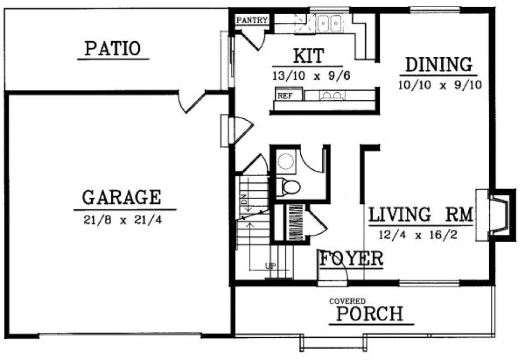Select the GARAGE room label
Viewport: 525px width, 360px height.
121,197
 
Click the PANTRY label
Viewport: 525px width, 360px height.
252,21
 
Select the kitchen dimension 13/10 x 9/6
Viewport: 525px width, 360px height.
311,76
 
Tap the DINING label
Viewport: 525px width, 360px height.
439,65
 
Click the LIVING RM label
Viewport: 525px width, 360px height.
420,215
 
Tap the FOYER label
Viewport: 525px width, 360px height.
351,259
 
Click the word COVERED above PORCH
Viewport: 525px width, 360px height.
347,301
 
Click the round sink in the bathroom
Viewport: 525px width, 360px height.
285,160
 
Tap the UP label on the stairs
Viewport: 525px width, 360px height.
269,266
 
